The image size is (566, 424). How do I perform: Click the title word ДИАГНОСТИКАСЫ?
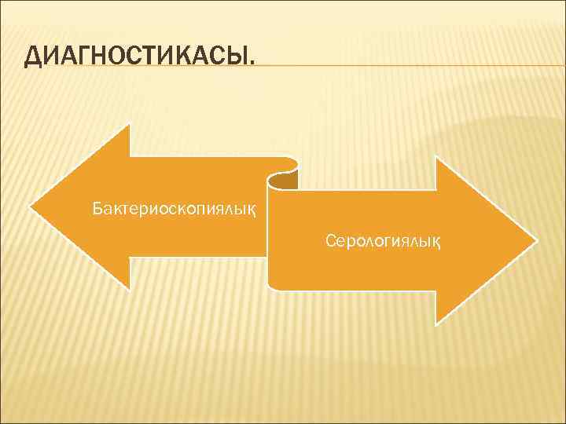coord(139,57)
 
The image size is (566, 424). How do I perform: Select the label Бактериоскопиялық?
coord(173,210)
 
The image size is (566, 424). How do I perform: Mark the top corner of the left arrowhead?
coord(129,124)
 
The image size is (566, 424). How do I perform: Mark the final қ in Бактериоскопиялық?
coord(251,210)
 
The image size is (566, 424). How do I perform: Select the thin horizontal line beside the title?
coord(409,66)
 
